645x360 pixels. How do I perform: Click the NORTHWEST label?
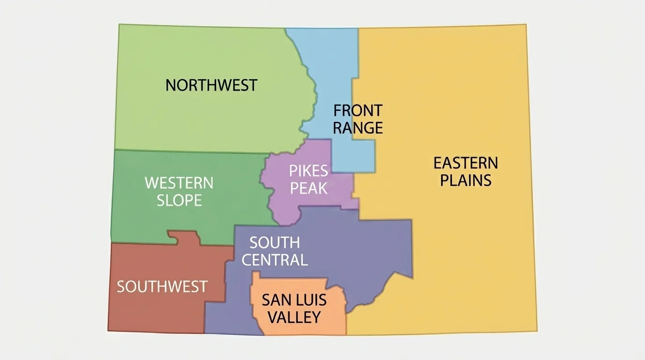pos(211,85)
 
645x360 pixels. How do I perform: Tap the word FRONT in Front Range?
pos(358,111)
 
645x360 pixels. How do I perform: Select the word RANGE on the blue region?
pos(358,127)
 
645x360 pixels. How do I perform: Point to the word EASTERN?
pos(465,163)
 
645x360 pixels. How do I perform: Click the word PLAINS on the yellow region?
pos(465,180)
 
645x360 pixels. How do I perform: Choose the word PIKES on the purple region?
pos(308,170)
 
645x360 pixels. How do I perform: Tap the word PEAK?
pos(308,188)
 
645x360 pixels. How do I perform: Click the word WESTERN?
pos(179,182)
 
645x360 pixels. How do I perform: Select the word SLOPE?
pos(179,200)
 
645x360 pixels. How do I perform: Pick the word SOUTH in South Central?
pos(274,242)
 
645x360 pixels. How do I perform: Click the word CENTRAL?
pos(274,260)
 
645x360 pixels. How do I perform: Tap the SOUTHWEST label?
pos(162,286)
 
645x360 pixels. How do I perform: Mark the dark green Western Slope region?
pos(211,216)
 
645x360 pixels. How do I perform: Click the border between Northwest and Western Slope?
pos(187,151)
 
